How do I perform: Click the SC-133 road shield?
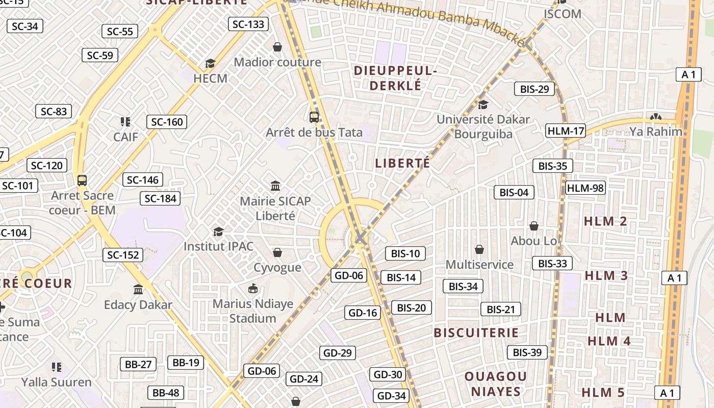pos(248,24)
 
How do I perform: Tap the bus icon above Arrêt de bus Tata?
pos(314,117)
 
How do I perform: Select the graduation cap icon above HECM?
pos(210,63)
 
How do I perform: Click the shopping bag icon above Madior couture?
pos(277,47)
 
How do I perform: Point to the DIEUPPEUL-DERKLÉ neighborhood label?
pos(395,78)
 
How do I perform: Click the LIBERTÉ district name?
pos(402,163)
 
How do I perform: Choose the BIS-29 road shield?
pos(534,89)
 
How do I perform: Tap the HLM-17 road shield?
pos(565,131)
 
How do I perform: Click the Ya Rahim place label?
pos(655,132)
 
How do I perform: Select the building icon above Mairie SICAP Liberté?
pos(275,186)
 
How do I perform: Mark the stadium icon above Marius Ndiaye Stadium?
pos(253,289)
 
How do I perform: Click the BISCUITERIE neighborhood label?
pos(476,333)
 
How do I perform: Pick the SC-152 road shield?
pos(123,254)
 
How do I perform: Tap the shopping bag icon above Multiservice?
pos(479,249)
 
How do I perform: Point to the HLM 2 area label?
pos(605,221)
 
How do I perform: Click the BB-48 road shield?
pos(166,393)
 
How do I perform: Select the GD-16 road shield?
pos(363,313)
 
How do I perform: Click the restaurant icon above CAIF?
pos(125,122)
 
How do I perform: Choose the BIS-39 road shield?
pos(527,352)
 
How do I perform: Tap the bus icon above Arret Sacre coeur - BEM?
pos(82,180)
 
